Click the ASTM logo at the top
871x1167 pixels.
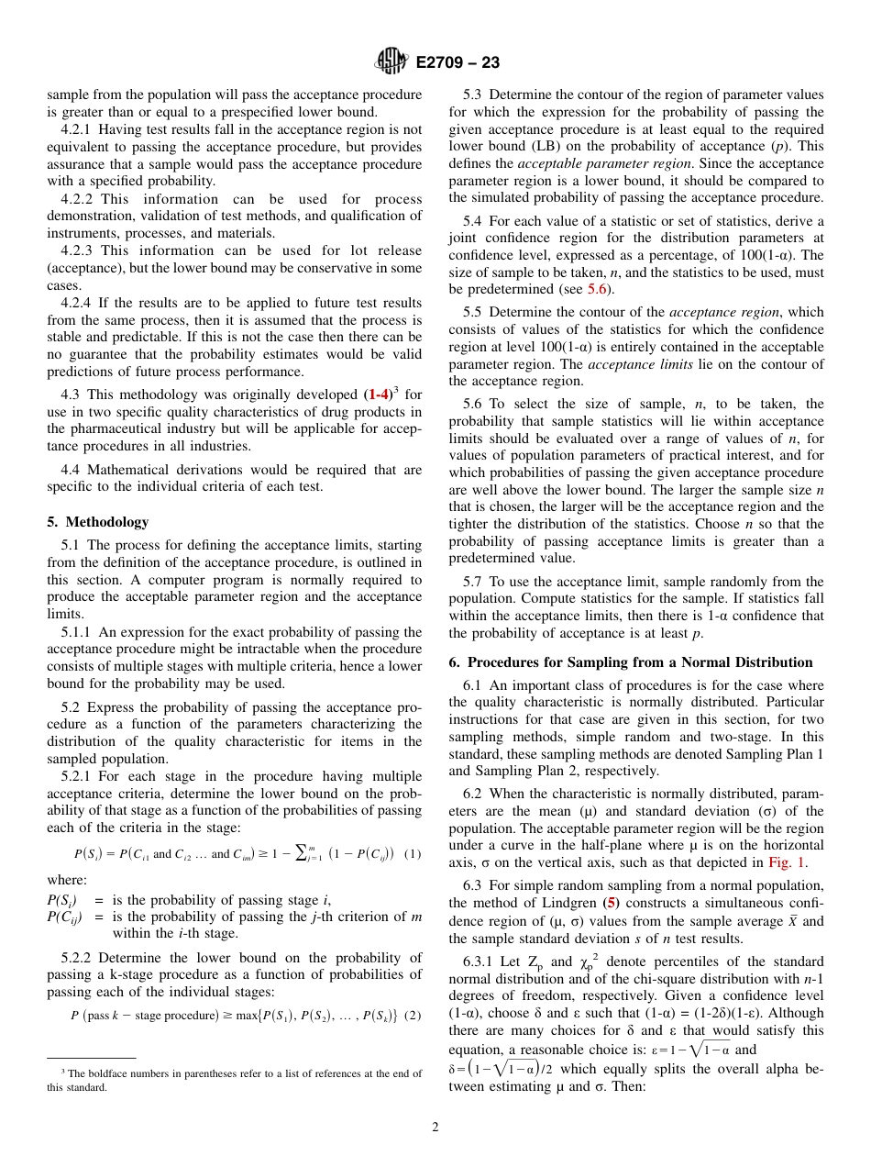tap(391, 62)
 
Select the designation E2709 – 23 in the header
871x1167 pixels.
tap(458, 63)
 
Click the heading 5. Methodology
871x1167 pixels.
tap(97, 522)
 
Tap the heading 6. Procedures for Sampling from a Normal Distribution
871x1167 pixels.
tap(631, 661)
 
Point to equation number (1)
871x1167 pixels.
tap(413, 853)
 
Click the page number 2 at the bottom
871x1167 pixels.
tap(435, 1128)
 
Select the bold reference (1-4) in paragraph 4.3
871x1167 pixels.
tap(381, 395)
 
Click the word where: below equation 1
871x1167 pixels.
tap(67, 880)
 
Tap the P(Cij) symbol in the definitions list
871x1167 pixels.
tap(64, 917)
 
